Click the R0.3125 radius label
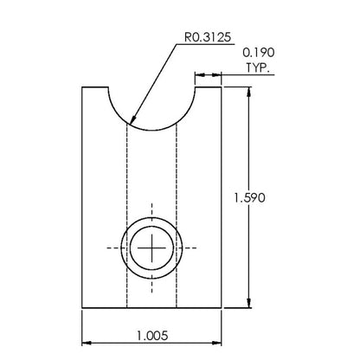[x=208, y=37]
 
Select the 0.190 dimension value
[x=259, y=53]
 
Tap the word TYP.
[x=258, y=67]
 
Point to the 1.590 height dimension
[x=249, y=198]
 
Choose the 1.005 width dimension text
[x=152, y=336]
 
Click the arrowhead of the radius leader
[x=133, y=119]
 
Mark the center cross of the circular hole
[x=151, y=247]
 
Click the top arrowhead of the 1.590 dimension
[x=249, y=92]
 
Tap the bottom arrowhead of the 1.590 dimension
[x=249, y=303]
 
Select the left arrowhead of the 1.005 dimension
[x=87, y=343]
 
